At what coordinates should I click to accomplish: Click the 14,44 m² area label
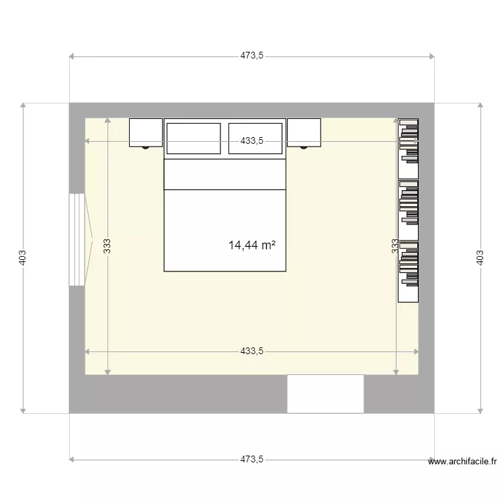(x=252, y=245)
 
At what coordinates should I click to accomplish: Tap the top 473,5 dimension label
(x=252, y=56)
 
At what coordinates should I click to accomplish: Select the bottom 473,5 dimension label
(x=252, y=460)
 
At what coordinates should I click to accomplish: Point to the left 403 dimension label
(x=23, y=257)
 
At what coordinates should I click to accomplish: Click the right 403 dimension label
(x=480, y=257)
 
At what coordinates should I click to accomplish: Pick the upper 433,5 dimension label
(x=252, y=141)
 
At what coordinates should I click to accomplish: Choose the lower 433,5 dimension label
(x=252, y=351)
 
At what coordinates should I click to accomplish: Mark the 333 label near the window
(x=107, y=246)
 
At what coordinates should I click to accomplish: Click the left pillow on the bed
(x=194, y=138)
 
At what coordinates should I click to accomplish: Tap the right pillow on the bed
(x=255, y=138)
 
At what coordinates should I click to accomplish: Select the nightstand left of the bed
(x=146, y=132)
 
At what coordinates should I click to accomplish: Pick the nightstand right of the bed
(x=304, y=132)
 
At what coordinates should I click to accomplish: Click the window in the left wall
(x=77, y=240)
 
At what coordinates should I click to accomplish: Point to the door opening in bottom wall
(x=325, y=394)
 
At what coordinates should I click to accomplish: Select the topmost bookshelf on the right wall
(x=409, y=149)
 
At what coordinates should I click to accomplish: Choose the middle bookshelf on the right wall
(x=409, y=210)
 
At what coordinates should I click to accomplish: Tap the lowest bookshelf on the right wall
(x=409, y=271)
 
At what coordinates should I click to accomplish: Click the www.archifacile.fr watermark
(x=462, y=462)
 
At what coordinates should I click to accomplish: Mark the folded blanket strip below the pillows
(x=225, y=174)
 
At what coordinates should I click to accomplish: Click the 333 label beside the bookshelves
(x=395, y=246)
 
